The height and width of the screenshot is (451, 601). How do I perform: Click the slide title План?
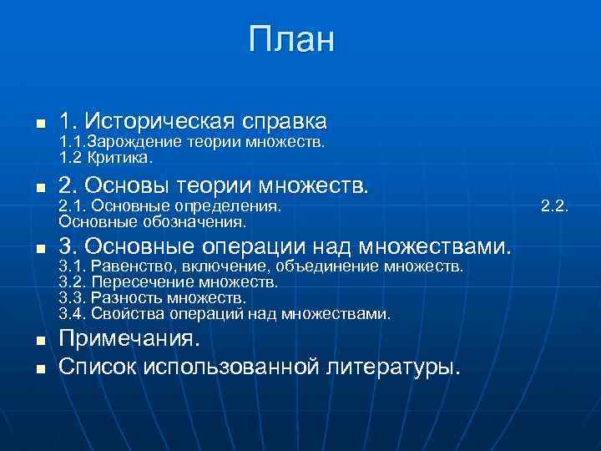click(291, 39)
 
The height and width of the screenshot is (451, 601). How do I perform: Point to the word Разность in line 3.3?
click(125, 298)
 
